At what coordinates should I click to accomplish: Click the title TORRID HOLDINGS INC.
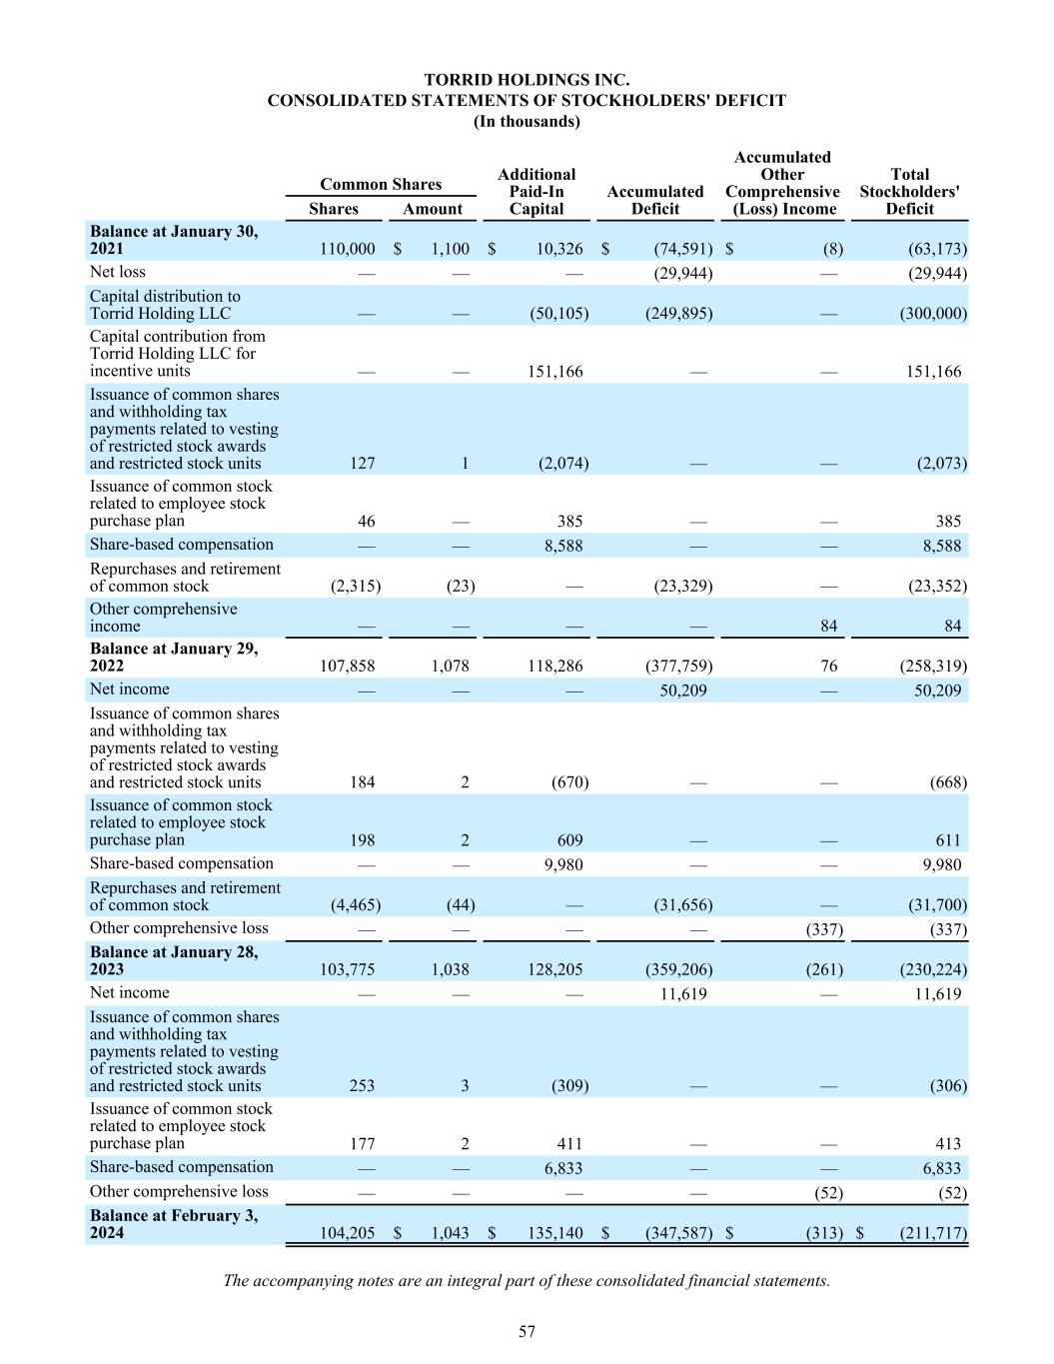click(x=527, y=80)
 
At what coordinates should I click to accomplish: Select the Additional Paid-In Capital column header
click(x=536, y=192)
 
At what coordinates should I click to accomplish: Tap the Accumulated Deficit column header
click(x=654, y=200)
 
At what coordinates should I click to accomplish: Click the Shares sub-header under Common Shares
click(x=333, y=209)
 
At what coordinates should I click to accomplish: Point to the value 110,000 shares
click(x=347, y=249)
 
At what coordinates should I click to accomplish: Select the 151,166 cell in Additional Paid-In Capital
click(x=554, y=372)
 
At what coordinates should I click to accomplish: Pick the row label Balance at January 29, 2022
click(x=174, y=657)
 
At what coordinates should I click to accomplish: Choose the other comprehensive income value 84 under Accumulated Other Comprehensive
click(x=828, y=627)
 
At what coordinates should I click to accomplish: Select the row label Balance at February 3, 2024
click(x=174, y=1224)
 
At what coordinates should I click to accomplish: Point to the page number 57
click(x=527, y=1331)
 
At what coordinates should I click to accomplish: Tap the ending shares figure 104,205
click(x=347, y=1233)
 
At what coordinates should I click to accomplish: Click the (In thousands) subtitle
click(x=527, y=121)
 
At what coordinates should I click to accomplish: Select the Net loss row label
click(x=118, y=272)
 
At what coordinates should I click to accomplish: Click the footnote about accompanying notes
click(x=527, y=1280)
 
